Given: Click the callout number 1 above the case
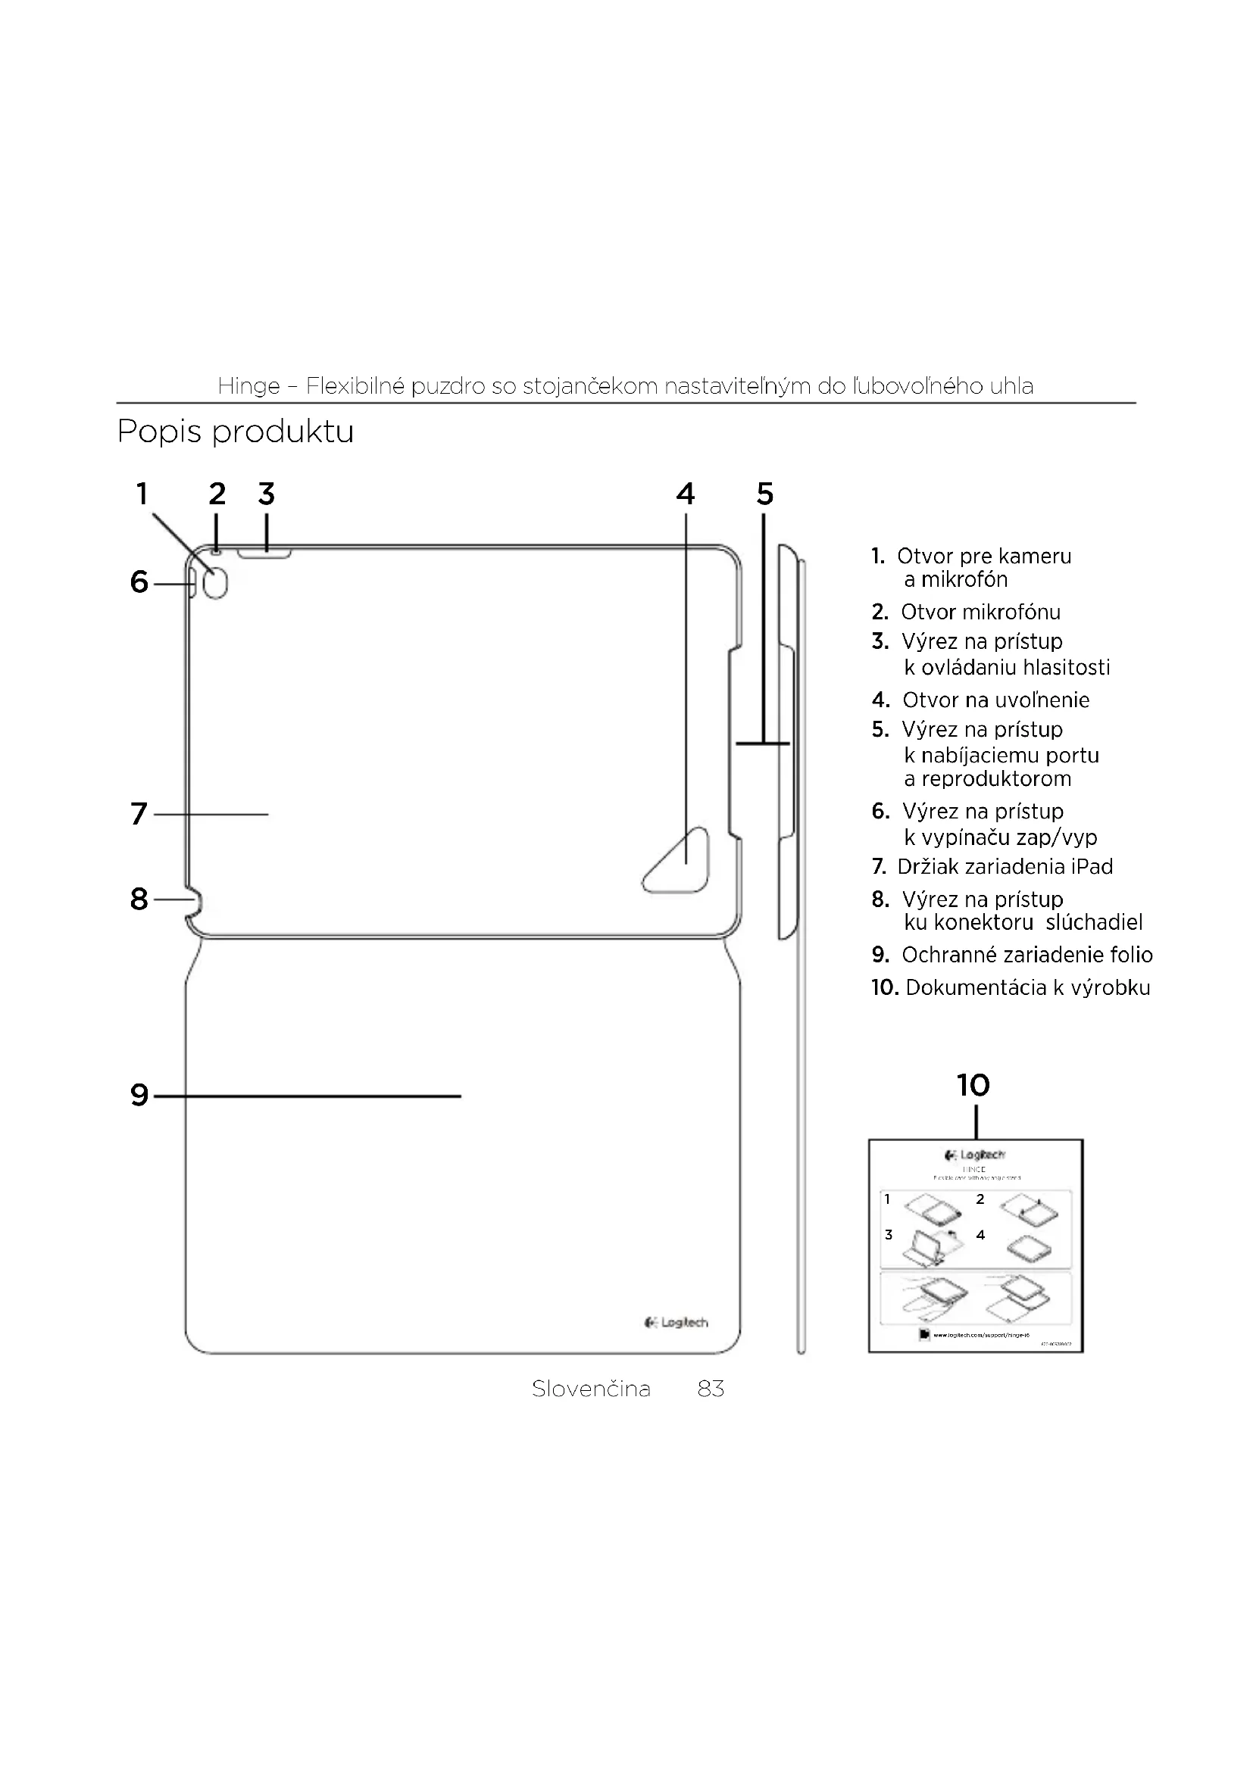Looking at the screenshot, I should (x=142, y=494).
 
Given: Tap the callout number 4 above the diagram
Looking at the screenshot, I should (x=685, y=494).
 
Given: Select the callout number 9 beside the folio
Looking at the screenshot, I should (x=139, y=1096).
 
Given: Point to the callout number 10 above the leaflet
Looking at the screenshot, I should (x=973, y=1085).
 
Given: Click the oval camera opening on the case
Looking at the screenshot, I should (x=216, y=585).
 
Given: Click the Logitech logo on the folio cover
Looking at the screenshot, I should (x=676, y=1323).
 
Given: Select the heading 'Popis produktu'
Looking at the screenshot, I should (x=236, y=431).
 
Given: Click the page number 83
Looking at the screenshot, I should (x=711, y=1389).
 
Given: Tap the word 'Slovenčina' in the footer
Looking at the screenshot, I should (x=591, y=1389).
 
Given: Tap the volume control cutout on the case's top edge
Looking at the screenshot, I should (x=264, y=553).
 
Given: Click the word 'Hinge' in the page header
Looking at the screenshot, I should (x=248, y=385).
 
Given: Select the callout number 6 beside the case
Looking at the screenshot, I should (x=139, y=582).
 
